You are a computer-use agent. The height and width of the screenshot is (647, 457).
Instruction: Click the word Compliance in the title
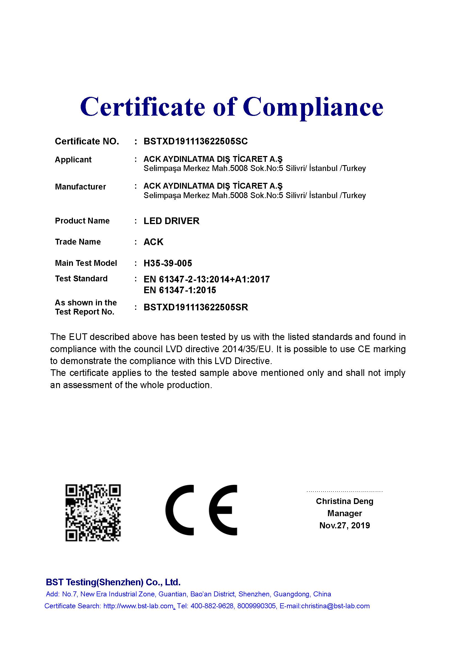313,107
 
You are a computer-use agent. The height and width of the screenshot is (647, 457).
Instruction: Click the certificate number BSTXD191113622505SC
196,141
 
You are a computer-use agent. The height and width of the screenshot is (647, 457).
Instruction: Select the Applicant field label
73,160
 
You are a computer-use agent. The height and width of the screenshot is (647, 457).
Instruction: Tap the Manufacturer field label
80,186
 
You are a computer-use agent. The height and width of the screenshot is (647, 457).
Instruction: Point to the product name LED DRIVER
171,221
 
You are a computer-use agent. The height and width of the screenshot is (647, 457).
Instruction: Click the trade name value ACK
153,242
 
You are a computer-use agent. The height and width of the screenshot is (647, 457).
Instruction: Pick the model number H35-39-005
168,263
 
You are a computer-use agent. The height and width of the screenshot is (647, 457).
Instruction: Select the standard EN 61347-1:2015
180,290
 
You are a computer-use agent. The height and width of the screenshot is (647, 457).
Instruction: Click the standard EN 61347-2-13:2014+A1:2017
207,279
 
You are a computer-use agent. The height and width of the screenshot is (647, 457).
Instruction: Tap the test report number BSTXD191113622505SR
196,307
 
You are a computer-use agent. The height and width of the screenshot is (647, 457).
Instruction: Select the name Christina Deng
345,501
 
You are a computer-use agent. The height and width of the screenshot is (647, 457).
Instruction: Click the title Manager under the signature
345,513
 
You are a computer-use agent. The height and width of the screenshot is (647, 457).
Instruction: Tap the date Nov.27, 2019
345,525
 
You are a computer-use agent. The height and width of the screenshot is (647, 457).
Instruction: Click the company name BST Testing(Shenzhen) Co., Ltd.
113,582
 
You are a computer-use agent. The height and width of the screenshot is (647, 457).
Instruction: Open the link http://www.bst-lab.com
138,606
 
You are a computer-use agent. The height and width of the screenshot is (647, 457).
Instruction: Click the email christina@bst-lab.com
335,606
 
